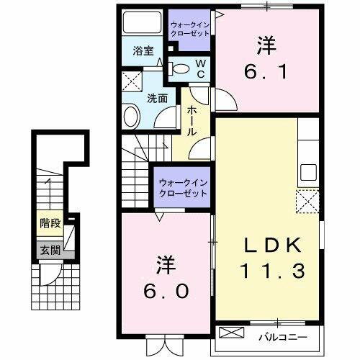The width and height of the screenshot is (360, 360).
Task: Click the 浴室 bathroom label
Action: [x=144, y=50]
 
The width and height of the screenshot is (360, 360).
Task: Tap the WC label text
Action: [x=202, y=69]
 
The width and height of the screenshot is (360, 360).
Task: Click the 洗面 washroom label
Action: [x=158, y=99]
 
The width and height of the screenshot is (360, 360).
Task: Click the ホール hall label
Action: [x=193, y=122]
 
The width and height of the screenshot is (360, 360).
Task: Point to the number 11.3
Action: [x=266, y=272]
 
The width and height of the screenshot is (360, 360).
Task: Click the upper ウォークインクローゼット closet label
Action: [x=190, y=30]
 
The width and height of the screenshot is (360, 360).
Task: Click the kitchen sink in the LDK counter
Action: [x=309, y=172]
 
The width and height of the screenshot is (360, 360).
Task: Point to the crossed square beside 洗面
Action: [x=131, y=80]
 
